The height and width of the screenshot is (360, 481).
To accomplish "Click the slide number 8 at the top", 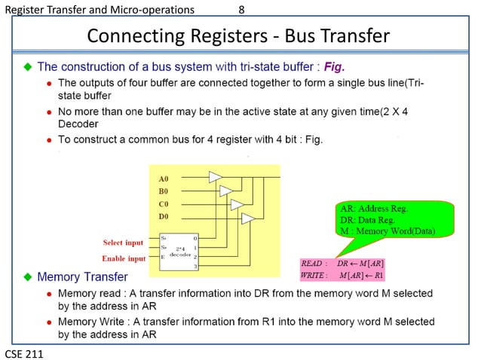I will coord(241,10).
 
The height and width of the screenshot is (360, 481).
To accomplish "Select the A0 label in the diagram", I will coord(164,179).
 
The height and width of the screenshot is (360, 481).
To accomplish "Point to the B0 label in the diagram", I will coord(164,191).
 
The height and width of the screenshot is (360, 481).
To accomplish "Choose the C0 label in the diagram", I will coord(164,204).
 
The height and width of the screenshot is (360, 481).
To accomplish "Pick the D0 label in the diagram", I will coord(164,216).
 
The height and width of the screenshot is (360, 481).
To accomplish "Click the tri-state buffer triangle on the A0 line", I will coord(216,176).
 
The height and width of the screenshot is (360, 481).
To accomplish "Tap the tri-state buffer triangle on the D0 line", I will coord(247,218).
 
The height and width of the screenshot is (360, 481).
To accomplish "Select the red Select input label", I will coord(123,243).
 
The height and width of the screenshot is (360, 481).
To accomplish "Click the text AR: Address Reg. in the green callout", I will coord(373,209).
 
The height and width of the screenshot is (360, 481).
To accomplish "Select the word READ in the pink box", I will coord(313,264).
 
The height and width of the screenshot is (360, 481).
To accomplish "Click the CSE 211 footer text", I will coord(23,352).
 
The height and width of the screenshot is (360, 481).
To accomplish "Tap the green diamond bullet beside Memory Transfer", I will coord(28,277).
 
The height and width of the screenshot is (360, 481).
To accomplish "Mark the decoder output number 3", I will coord(195,267).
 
